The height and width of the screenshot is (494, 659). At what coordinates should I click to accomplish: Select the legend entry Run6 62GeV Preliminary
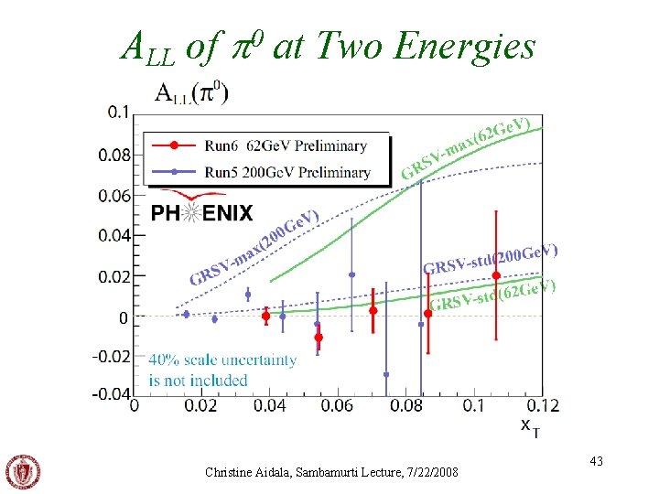click(x=265, y=145)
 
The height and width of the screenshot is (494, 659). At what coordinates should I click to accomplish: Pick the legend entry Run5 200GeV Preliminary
click(x=265, y=171)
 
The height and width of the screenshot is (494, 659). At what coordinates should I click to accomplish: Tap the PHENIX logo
click(x=201, y=212)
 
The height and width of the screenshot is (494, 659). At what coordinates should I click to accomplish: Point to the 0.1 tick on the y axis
click(x=119, y=113)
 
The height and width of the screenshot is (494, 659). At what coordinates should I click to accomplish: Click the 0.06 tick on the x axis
click(x=337, y=404)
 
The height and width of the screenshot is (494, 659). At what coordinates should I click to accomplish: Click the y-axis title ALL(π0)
click(x=191, y=91)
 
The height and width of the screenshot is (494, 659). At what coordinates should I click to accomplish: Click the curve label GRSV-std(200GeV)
click(x=490, y=259)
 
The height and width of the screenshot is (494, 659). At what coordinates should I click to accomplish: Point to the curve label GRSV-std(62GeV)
click(x=493, y=295)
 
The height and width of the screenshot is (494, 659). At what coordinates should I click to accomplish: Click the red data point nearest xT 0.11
click(x=496, y=275)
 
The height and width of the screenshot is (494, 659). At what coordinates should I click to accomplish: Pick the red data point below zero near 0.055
click(x=319, y=338)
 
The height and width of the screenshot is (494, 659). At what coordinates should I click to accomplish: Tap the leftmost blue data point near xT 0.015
click(x=186, y=314)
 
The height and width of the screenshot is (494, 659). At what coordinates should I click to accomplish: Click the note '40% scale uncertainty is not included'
click(x=222, y=370)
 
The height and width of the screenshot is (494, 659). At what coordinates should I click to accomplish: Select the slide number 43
click(x=596, y=464)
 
